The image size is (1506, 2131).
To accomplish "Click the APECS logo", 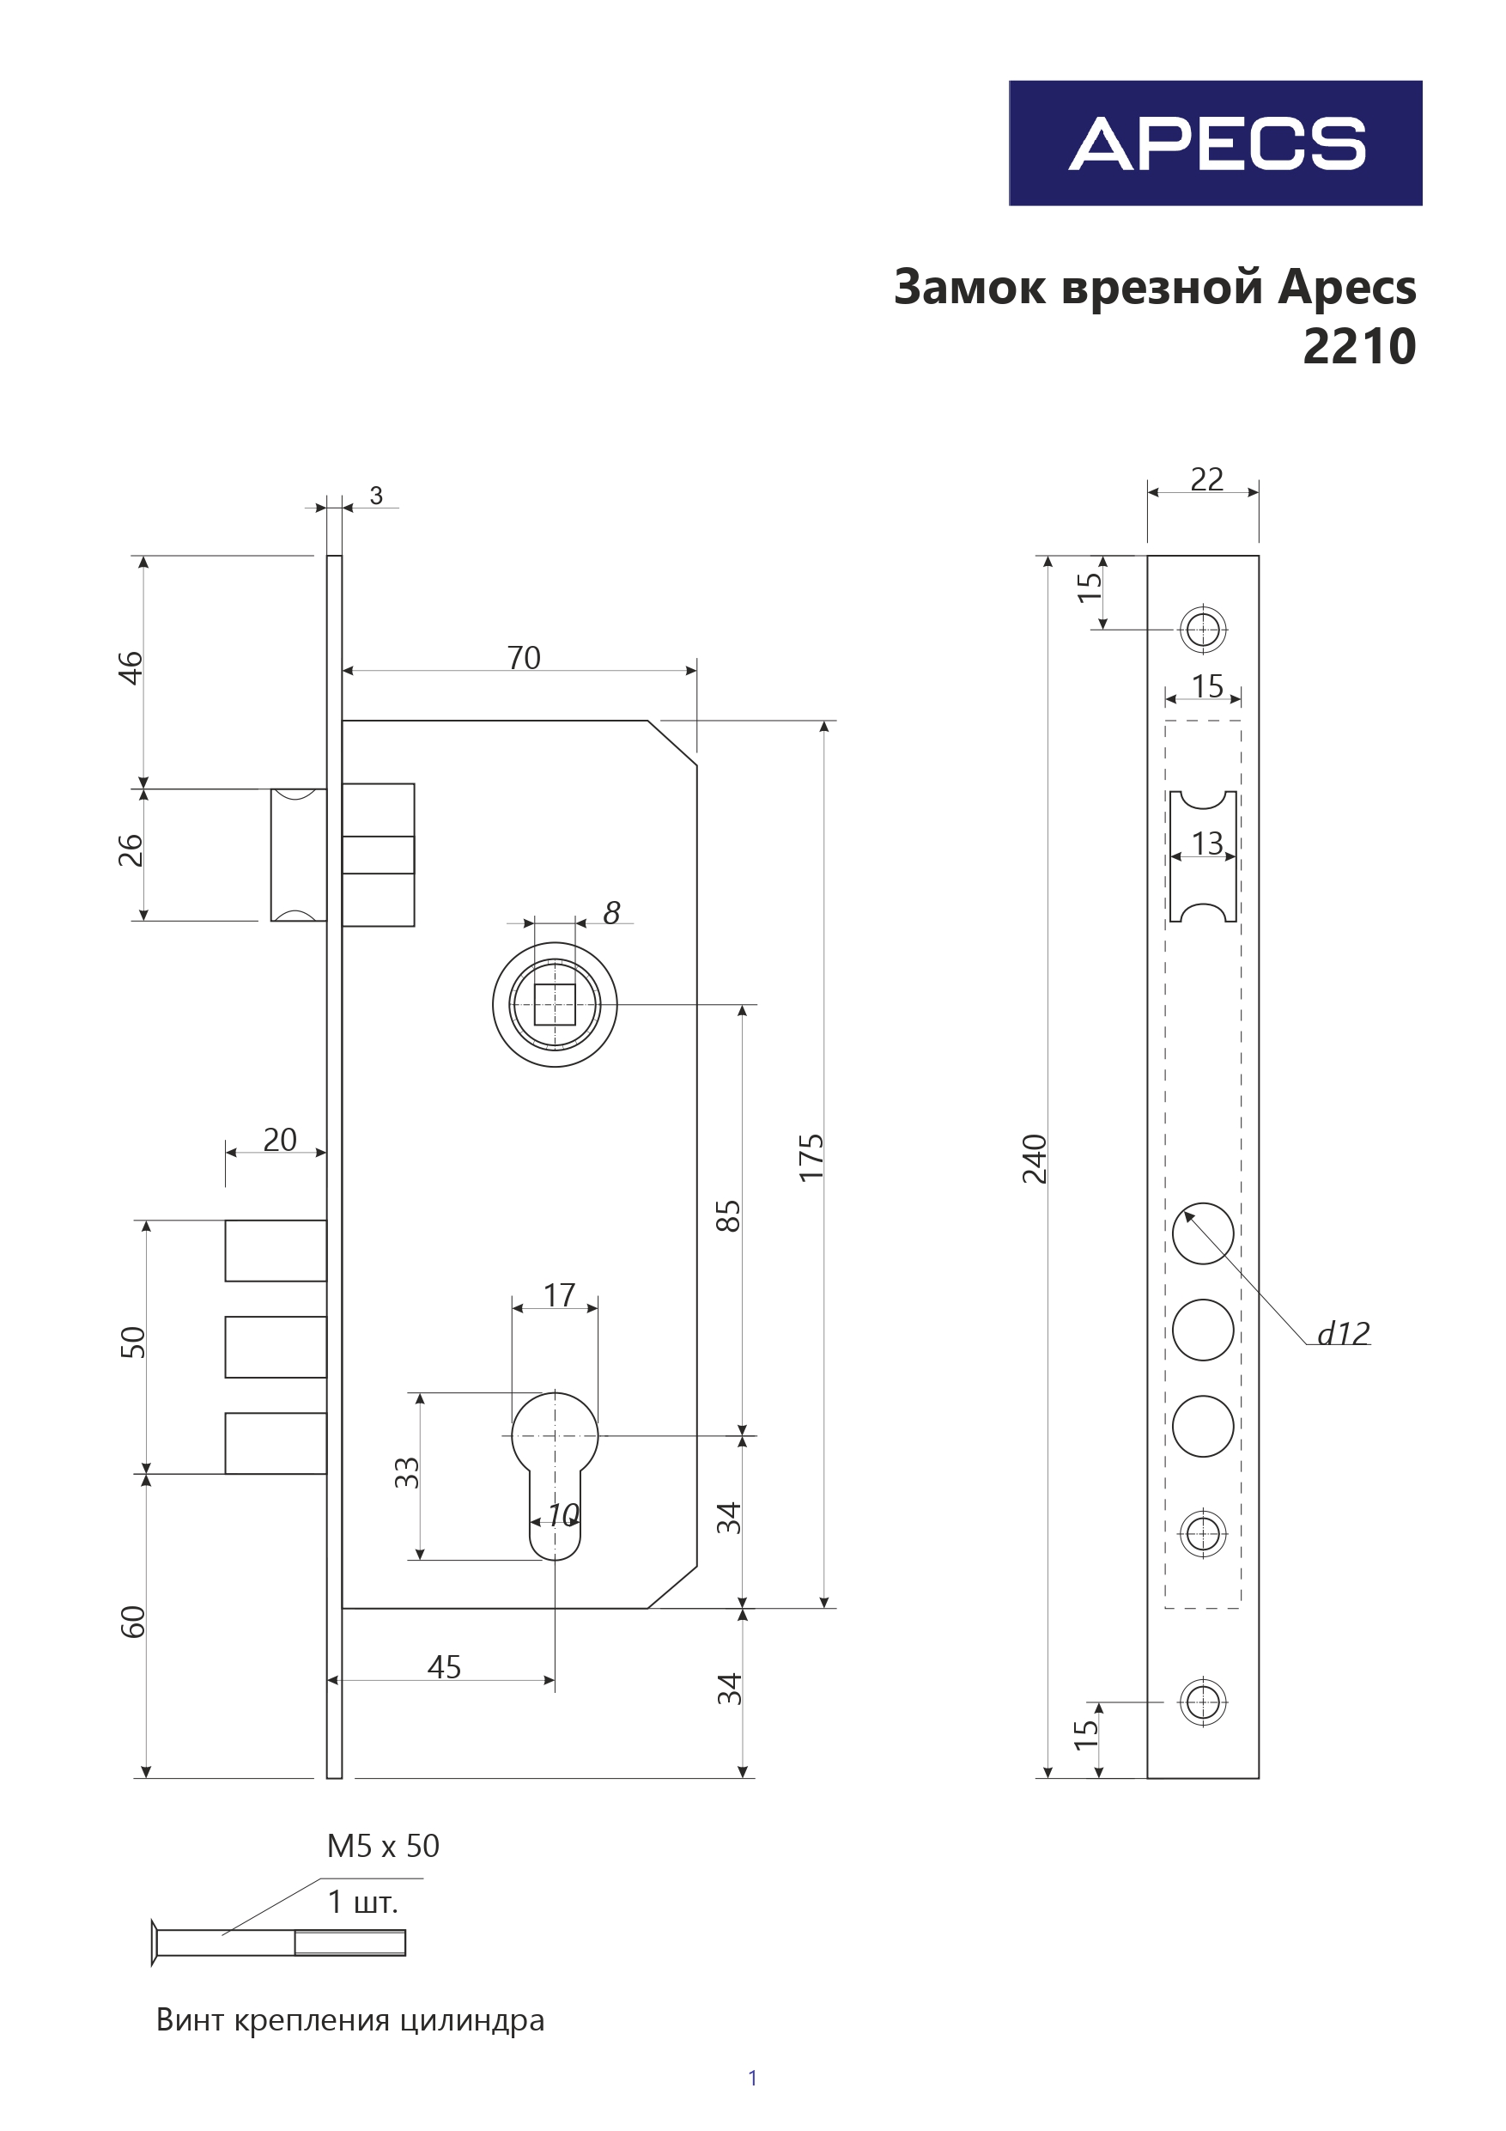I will [x=1215, y=143].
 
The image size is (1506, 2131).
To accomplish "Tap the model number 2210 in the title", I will [x=1358, y=347].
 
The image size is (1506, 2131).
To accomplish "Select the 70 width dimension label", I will [x=524, y=658].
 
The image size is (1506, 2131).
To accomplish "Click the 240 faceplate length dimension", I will [x=1034, y=1160].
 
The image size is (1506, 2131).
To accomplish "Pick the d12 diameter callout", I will [x=1343, y=1334].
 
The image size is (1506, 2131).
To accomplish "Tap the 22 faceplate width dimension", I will [x=1206, y=479].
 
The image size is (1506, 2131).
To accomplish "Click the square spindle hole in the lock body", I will [x=555, y=1004].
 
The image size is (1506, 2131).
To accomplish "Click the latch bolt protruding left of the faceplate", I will [x=298, y=855].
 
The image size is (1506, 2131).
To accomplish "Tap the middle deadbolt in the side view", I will [x=276, y=1347].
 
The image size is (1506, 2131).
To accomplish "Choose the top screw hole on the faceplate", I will [x=1203, y=630].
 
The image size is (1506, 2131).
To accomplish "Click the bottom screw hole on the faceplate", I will [x=1203, y=1702].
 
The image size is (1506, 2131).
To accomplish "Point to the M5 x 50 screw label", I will [x=382, y=1846].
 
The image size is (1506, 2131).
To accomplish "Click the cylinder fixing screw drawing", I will [x=278, y=1942].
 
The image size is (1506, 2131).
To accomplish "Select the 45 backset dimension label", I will [x=444, y=1667].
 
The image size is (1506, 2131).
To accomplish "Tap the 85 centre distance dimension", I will [x=728, y=1216].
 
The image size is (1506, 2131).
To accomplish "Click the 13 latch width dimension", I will [x=1206, y=843].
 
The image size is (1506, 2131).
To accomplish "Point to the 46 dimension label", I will [x=131, y=668].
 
